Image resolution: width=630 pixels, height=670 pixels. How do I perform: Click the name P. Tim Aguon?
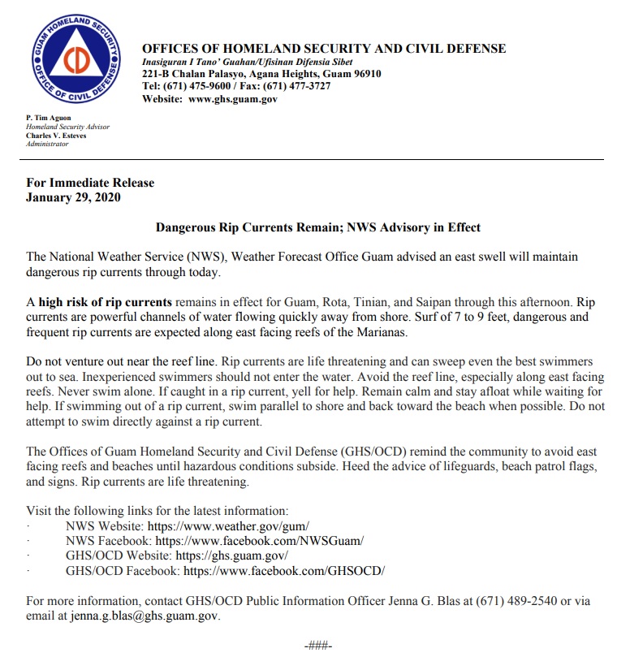49,119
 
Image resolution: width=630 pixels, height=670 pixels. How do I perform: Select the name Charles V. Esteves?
56,136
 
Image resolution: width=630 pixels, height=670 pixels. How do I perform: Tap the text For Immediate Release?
90,183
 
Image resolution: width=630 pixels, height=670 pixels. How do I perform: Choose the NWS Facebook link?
260,540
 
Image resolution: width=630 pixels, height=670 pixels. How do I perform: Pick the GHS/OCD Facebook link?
284,571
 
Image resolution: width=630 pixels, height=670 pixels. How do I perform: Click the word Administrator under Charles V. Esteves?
47,144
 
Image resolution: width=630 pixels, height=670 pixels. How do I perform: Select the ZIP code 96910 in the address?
364,74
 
